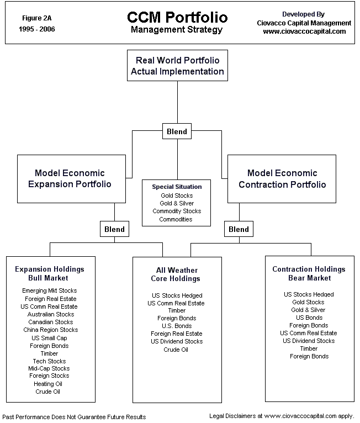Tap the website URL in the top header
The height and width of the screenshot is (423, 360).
pos(304,31)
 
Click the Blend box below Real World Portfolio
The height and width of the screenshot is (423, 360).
pos(177,131)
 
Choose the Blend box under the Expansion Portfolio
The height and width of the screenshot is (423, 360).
pos(114,229)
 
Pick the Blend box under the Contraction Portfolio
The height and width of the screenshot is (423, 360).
pos(239,229)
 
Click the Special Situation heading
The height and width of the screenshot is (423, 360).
pos(177,187)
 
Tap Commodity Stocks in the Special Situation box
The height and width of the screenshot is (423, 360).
pos(177,211)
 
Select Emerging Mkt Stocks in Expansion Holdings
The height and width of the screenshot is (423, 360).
pos(50,290)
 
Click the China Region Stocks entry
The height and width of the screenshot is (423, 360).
pos(50,330)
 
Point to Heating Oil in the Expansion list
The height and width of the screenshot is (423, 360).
pos(47,384)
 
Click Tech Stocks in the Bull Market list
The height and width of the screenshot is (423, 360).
pos(49,361)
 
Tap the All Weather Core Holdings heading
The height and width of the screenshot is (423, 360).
pos(177,274)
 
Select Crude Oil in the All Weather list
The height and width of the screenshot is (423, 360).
pos(176,350)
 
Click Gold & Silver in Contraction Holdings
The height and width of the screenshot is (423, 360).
pos(309,310)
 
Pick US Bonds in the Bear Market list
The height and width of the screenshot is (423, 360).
pos(309,318)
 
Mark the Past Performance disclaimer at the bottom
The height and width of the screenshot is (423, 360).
pos(75,416)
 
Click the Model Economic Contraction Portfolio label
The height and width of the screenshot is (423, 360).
pos(282,179)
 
